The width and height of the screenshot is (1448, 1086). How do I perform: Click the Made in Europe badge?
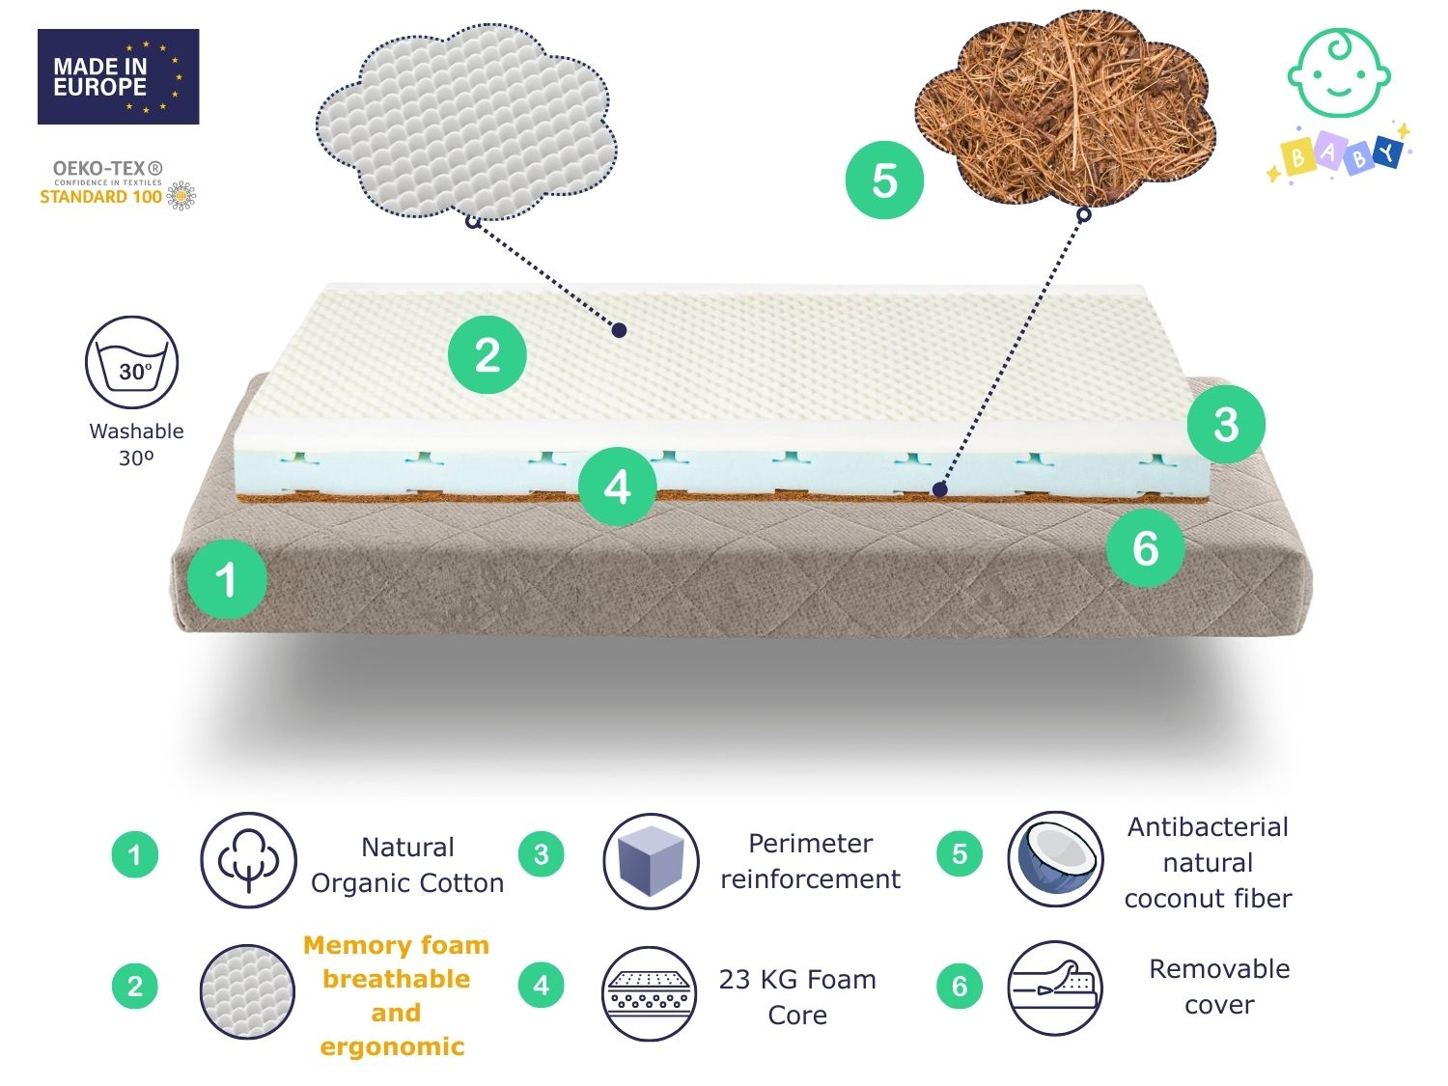pos(118,76)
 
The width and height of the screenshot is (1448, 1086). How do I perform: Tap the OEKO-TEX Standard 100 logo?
pos(118,186)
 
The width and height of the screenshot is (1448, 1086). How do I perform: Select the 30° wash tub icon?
pos(132,362)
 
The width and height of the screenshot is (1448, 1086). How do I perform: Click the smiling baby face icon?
pos(1339,72)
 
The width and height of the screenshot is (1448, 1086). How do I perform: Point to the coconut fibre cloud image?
pos(1064,109)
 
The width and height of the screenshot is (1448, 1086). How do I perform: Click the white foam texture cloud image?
pos(466,122)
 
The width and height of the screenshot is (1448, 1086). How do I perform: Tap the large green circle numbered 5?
pos(884,181)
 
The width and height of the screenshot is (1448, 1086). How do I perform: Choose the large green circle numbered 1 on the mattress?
pos(227,579)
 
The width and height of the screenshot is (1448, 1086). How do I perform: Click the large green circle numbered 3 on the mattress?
pos(1226,425)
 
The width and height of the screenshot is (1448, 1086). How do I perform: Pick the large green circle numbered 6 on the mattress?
pos(1145,548)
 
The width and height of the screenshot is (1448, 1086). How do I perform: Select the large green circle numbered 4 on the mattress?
pos(617,487)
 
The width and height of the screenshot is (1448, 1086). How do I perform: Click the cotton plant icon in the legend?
pos(249,860)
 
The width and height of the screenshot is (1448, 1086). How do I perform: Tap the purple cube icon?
pos(651,861)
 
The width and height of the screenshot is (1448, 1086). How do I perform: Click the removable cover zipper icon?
pos(1055,988)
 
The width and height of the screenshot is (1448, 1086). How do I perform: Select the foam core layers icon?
pos(650,993)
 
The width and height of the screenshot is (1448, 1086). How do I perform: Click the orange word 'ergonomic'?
pos(393,1046)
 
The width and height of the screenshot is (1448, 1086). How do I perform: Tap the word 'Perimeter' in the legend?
pos(811,844)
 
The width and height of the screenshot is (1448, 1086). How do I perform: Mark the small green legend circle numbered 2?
pos(135,987)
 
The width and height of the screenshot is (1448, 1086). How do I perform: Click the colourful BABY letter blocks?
pos(1338,155)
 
